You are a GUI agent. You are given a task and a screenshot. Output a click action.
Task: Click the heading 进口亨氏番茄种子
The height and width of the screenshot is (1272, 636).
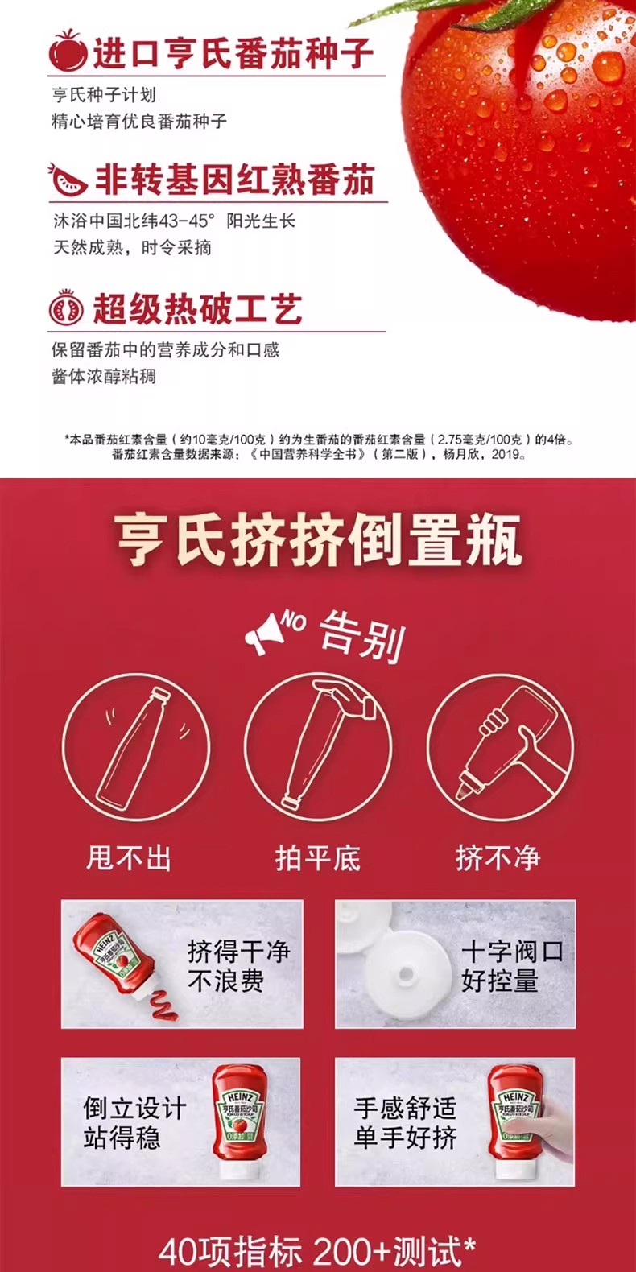(233, 53)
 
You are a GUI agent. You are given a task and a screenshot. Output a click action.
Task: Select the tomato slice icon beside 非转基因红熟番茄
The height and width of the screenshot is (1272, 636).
(68, 180)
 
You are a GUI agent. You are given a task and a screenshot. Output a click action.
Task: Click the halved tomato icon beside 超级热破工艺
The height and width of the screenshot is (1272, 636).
(67, 308)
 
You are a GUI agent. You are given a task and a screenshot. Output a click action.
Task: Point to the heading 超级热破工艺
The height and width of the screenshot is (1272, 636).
(197, 309)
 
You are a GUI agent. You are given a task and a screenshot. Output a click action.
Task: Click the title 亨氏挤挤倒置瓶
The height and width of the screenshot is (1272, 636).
(318, 539)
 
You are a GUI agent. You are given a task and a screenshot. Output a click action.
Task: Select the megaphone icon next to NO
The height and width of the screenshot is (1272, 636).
(262, 634)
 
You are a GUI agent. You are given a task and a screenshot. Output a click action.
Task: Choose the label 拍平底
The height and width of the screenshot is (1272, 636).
(317, 857)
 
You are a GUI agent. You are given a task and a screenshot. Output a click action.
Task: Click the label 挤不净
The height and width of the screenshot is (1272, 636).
(498, 857)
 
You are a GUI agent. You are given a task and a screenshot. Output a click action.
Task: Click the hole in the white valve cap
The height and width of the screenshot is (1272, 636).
(406, 974)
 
